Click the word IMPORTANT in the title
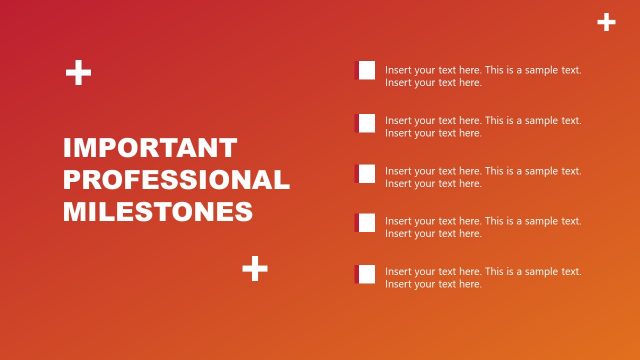pos(150,148)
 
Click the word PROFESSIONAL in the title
pos(176,180)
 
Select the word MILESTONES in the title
pos(158,212)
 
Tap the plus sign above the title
pos(78,72)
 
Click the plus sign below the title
pos(255,268)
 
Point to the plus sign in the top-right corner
pos(606,22)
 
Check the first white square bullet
pos(365,70)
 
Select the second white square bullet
pos(365,123)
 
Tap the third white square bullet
pos(365,174)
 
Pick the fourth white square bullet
pos(365,222)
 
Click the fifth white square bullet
pos(365,274)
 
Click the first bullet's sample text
pos(483,76)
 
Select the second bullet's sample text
pos(483,126)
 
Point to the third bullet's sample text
pos(483,177)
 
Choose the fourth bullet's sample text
pos(483,227)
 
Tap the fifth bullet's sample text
pos(483,277)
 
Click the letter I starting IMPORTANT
pos(67,148)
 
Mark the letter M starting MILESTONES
pos(74,212)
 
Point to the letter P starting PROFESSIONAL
pos(73,180)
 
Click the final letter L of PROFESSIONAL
pos(282,180)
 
